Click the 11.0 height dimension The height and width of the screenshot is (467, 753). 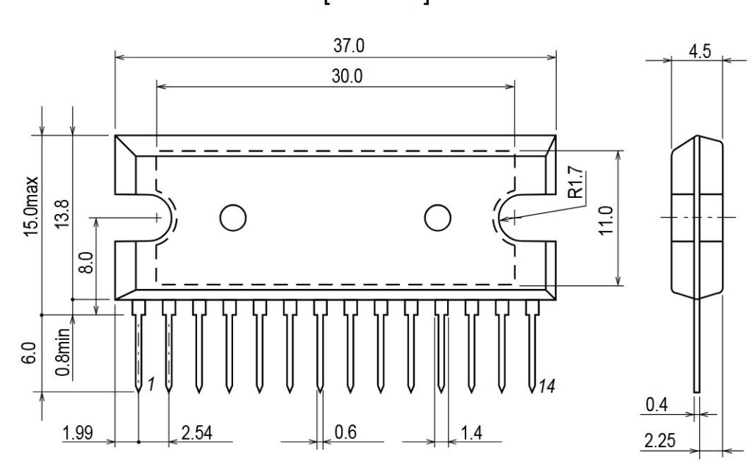(604, 218)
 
